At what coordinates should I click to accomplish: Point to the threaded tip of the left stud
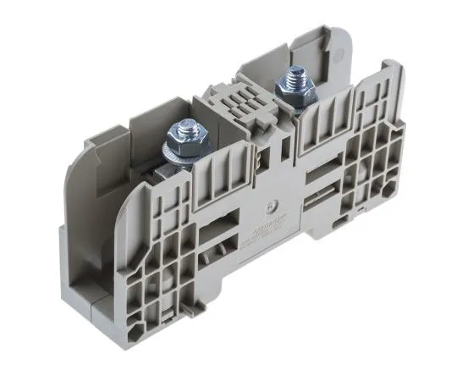pyautogui.click(x=184, y=125)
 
